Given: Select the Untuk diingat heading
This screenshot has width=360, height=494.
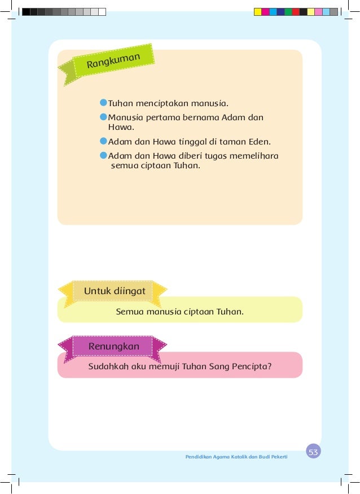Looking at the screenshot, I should (115, 291).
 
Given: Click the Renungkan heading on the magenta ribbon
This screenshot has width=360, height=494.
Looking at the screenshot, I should (113, 346).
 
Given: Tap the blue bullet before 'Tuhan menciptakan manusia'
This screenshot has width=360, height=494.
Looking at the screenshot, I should (103, 103).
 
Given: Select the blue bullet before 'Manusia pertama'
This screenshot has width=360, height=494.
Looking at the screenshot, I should (103, 117).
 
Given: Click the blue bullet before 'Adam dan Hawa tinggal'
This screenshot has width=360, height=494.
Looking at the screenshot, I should (103, 142).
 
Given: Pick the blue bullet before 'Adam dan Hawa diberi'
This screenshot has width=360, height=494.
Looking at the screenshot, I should (103, 156).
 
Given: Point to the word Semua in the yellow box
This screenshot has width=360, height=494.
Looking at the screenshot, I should (129, 311).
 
